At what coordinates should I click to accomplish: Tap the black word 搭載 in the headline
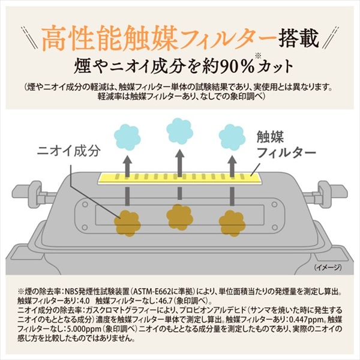pyautogui.click(x=299, y=38)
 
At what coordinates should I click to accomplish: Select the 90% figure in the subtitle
pyautogui.click(x=237, y=67)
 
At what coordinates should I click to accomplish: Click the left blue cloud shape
pyautogui.click(x=127, y=137)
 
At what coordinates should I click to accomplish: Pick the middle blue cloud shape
pyautogui.click(x=180, y=131)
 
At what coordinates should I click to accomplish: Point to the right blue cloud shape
pyautogui.click(x=232, y=137)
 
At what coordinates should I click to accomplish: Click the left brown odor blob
pyautogui.click(x=127, y=223)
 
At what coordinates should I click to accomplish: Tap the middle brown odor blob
pyautogui.click(x=180, y=217)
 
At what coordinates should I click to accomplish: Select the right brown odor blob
pyautogui.click(x=232, y=223)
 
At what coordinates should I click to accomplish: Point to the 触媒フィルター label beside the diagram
pyautogui.click(x=286, y=145)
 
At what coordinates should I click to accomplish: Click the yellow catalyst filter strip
pyautogui.click(x=180, y=178)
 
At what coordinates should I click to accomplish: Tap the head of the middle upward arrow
pyautogui.click(x=180, y=154)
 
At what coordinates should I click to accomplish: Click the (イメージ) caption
pyautogui.click(x=328, y=267)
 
